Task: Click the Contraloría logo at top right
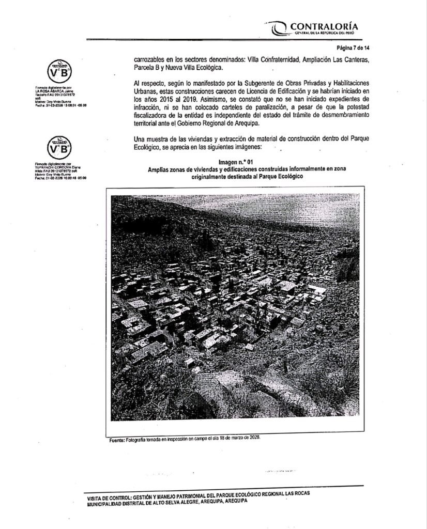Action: pyautogui.click(x=313, y=27)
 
